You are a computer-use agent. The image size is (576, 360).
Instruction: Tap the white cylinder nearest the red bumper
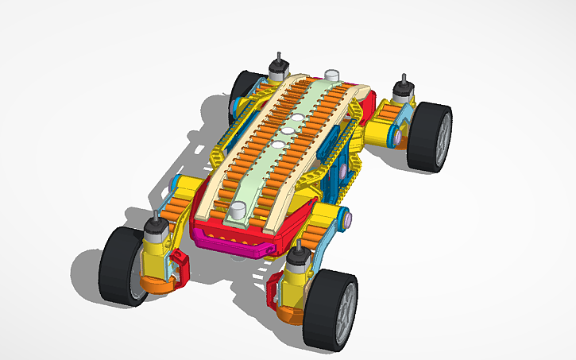[x=238, y=211]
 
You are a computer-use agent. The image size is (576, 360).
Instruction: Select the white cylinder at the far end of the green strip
[x=331, y=75]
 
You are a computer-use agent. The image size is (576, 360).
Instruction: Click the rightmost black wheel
[x=430, y=137]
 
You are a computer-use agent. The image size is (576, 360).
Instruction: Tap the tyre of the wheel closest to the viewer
[x=322, y=311]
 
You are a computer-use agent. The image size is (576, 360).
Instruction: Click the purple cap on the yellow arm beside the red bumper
[x=346, y=217]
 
